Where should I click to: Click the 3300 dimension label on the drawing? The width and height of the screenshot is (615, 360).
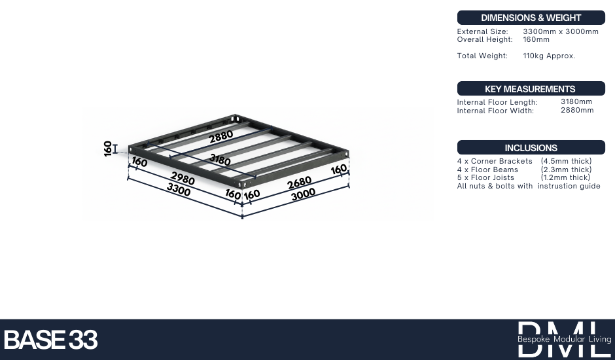click(x=179, y=190)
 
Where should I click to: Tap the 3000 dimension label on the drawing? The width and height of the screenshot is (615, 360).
click(x=303, y=194)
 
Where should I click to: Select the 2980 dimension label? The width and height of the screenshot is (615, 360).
click(x=183, y=179)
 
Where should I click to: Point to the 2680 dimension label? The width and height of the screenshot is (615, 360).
click(x=299, y=183)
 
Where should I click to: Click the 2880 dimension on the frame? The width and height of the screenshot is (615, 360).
click(x=221, y=137)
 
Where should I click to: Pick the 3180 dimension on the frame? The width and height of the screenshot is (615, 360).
click(x=220, y=160)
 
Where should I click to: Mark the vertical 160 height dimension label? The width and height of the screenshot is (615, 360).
click(x=108, y=149)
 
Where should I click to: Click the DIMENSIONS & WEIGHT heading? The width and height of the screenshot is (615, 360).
click(x=531, y=18)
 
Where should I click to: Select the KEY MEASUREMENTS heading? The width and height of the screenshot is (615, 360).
click(x=530, y=89)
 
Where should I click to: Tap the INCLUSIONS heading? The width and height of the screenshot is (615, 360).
click(x=531, y=148)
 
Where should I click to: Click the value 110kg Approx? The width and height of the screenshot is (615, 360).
click(x=549, y=56)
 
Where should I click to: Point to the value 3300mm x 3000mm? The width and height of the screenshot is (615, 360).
click(x=561, y=31)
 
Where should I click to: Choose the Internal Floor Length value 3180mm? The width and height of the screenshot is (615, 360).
click(x=576, y=101)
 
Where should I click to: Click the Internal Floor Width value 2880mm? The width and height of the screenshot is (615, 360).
click(x=577, y=110)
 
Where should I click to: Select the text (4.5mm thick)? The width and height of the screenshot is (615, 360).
click(x=566, y=161)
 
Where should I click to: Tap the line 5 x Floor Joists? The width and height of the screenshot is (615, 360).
click(x=485, y=177)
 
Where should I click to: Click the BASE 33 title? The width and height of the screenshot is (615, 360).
click(x=50, y=340)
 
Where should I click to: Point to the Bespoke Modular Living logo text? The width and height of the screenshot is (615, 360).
click(x=565, y=339)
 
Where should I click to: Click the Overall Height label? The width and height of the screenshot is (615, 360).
click(x=485, y=39)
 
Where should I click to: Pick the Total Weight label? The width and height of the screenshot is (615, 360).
click(x=482, y=56)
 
